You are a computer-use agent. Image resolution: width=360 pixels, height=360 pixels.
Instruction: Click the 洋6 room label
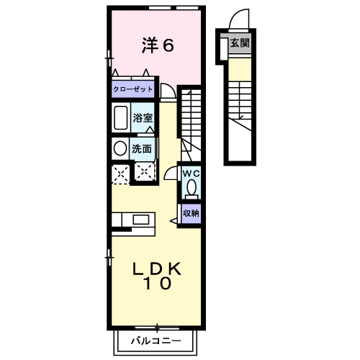(x=158, y=45)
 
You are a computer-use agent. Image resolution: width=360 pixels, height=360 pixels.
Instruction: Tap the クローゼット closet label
(x=132, y=89)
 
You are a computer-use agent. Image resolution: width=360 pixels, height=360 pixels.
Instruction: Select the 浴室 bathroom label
(x=143, y=118)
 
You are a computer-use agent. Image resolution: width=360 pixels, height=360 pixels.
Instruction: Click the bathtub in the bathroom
(x=121, y=117)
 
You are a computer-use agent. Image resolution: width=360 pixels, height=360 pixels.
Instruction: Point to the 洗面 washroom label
(x=142, y=149)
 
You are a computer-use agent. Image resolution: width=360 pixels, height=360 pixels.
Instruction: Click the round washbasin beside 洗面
(x=120, y=148)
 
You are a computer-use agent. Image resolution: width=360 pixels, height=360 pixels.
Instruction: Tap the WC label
(x=191, y=174)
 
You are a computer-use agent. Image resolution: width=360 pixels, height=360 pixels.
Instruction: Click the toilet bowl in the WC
(x=192, y=187)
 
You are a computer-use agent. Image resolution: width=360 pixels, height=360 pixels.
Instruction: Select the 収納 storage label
(x=191, y=213)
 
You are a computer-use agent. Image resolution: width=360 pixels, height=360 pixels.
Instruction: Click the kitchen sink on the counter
(x=141, y=220)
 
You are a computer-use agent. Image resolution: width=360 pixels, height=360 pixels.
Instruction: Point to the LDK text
(x=157, y=269)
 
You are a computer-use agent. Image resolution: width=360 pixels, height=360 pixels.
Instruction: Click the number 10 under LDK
(x=157, y=283)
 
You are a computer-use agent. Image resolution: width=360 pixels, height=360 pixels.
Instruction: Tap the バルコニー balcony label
(x=156, y=341)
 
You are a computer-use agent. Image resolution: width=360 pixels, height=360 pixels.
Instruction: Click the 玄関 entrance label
(x=240, y=43)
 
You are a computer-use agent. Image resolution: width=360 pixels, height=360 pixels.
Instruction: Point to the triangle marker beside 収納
(x=174, y=221)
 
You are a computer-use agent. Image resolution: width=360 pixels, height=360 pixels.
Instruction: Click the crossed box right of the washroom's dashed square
(x=144, y=171)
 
